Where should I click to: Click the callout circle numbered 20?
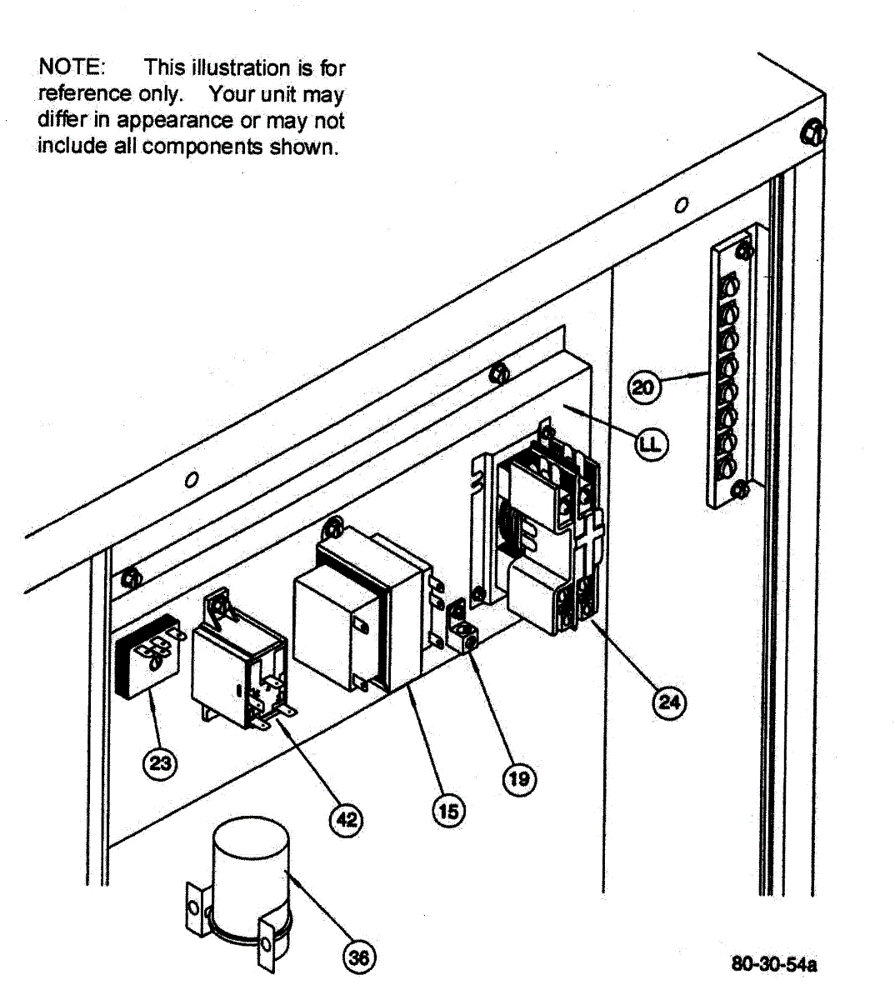643,387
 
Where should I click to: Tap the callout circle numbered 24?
669,702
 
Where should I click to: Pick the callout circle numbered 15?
448,810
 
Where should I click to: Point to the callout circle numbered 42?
347,820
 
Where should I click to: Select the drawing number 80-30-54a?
773,965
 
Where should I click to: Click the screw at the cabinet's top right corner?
814,133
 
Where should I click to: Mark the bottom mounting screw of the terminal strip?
736,491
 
